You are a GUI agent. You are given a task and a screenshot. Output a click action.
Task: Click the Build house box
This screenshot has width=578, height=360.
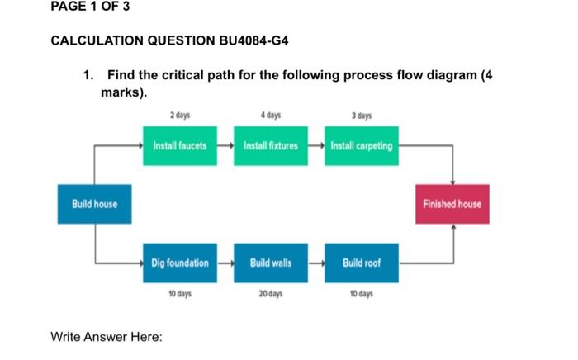click(93, 204)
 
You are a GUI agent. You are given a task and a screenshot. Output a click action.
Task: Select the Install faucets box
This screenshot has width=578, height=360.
click(179, 145)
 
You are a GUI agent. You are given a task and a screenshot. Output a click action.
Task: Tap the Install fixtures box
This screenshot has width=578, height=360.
click(270, 145)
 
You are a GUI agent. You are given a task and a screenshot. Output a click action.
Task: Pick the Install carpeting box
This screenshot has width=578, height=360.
click(361, 145)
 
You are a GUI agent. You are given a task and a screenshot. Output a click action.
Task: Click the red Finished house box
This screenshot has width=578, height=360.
click(452, 204)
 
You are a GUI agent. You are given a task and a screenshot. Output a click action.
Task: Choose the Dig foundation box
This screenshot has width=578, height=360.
click(179, 263)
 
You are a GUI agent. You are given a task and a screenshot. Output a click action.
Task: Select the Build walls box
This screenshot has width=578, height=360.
click(270, 263)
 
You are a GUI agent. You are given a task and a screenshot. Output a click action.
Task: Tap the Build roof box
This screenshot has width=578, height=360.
click(361, 263)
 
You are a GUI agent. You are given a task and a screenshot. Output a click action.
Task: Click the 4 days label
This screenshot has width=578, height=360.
click(270, 115)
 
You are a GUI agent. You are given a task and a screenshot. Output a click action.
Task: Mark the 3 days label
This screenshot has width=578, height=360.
click(361, 115)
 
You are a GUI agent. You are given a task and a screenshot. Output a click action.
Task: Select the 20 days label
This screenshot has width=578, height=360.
click(270, 294)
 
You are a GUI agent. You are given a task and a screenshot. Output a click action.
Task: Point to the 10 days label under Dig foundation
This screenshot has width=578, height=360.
click(179, 294)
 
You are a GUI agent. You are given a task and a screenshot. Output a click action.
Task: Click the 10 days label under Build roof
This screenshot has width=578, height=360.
click(361, 294)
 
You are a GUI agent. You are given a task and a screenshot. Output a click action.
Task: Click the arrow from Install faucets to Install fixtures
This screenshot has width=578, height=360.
click(225, 145)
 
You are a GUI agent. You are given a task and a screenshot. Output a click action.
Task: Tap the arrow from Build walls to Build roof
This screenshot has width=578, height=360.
click(315, 263)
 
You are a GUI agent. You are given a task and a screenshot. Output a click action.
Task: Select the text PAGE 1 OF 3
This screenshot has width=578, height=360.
click(90, 7)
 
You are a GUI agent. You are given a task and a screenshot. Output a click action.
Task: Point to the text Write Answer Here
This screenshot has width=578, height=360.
click(107, 337)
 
